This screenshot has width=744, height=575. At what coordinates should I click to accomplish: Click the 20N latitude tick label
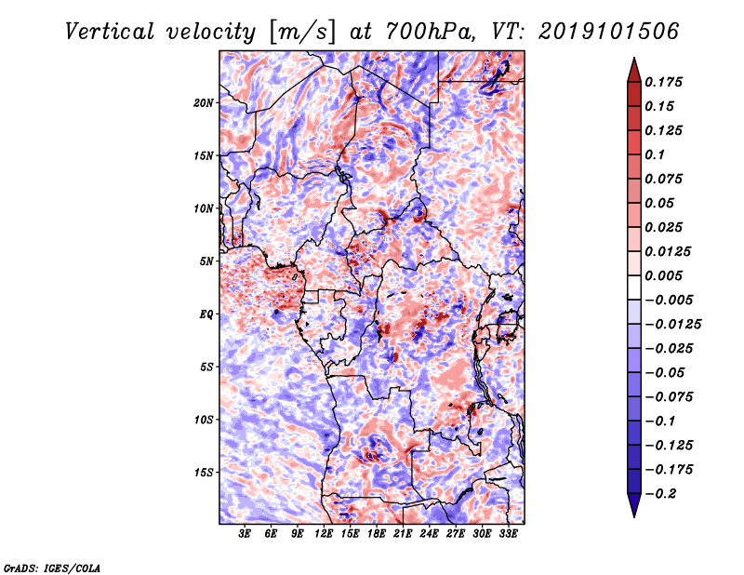204,102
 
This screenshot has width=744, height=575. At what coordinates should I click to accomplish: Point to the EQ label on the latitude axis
206,314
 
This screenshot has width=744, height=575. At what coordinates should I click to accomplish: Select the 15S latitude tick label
204,472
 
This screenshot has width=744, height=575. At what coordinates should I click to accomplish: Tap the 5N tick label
206,261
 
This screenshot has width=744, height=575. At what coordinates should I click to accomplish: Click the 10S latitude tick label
204,419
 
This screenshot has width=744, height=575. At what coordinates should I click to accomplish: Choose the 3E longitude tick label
246,534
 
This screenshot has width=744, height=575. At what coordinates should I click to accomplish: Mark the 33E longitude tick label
509,534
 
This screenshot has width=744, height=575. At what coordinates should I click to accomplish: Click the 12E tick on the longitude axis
325,534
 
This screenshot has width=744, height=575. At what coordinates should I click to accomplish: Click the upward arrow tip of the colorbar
632,60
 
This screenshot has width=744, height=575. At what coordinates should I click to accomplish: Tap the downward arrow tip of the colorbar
632,514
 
